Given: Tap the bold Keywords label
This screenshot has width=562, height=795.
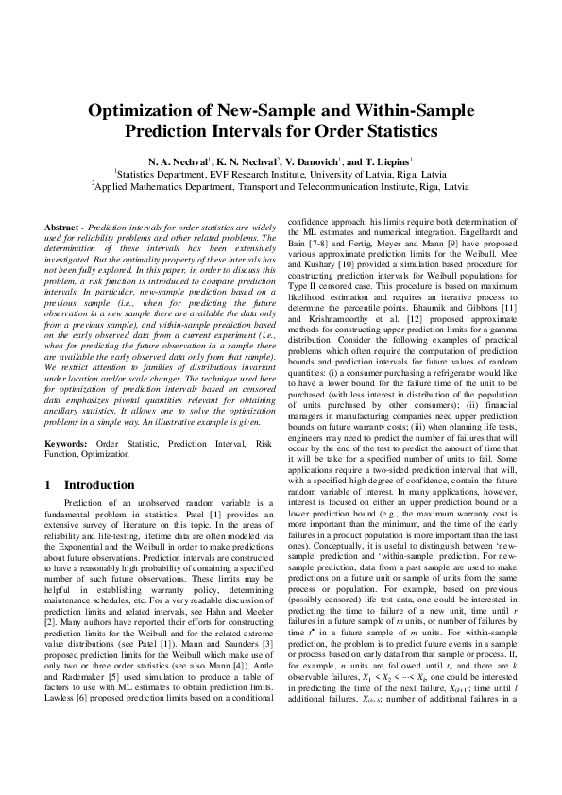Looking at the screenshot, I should tap(67, 443).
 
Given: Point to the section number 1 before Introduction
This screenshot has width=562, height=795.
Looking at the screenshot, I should tap(49, 485).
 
